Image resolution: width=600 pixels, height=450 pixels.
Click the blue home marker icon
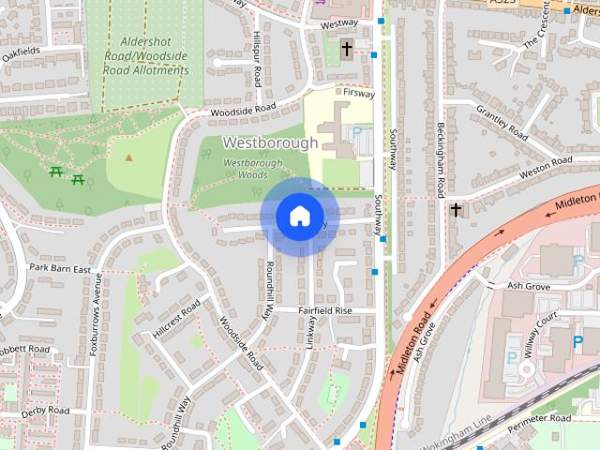pos(299,216)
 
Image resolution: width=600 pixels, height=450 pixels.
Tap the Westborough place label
pos(270,142)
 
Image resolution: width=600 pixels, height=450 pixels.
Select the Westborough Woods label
pos(252,169)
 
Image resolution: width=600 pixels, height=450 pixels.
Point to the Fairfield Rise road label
pos(325,309)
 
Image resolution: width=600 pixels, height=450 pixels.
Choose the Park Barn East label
pos(59,268)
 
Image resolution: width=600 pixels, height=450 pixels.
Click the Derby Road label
pos(45,411)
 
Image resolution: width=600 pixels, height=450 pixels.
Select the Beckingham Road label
pos(439,159)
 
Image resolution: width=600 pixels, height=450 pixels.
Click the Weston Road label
pos(546,166)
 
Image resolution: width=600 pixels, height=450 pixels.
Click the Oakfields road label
pos(21,52)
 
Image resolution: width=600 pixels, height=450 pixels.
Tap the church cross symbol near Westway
pos(346,48)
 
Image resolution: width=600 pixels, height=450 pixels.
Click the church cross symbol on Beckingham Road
pos(456,209)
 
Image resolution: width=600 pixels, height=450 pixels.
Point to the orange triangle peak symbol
pos(129,157)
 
